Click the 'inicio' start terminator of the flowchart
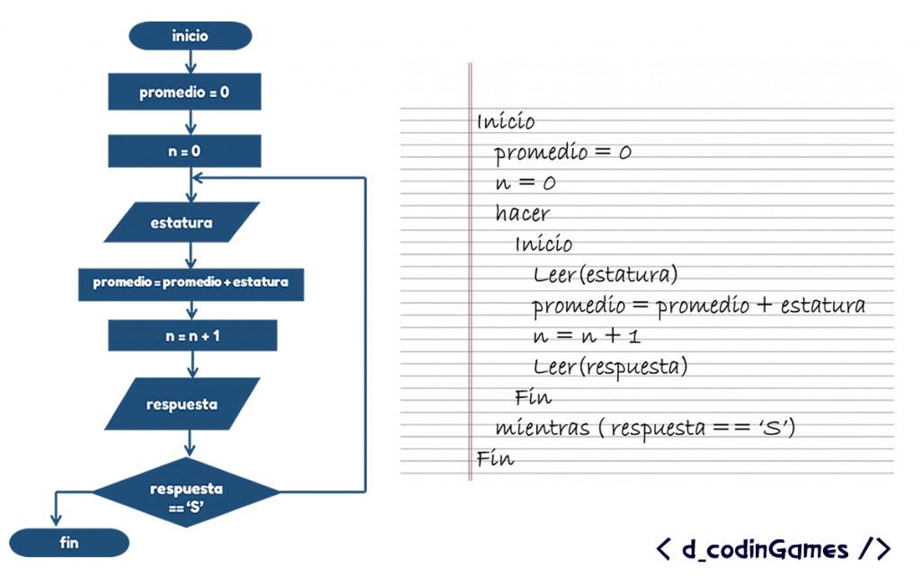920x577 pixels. point(190,36)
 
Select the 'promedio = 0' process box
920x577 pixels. point(184,92)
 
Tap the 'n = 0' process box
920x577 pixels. point(184,151)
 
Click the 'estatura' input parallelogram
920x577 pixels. point(181,222)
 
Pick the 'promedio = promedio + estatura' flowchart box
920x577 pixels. point(190,282)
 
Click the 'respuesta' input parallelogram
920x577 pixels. point(181,404)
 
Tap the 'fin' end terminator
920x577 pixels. point(69,543)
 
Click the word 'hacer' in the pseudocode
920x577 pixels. point(522,214)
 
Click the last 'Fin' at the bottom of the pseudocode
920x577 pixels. point(495,458)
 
